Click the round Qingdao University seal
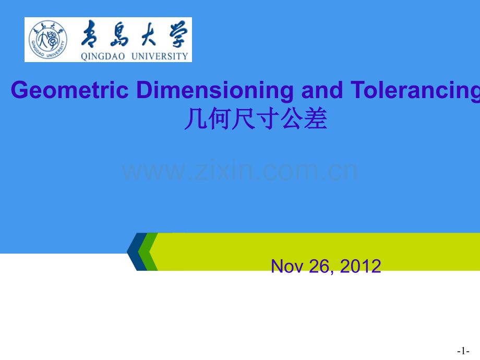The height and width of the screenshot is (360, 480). coord(48,40)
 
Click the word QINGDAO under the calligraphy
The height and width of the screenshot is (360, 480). coord(103,56)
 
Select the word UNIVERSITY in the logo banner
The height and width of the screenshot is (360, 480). coord(160,56)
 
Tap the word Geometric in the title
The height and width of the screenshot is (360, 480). coord(70,90)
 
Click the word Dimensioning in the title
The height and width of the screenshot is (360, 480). coord(215,90)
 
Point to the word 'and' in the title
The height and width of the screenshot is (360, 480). coord(322,90)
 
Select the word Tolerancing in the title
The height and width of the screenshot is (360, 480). coord(415,90)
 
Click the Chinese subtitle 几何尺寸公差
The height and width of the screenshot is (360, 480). coord(256,118)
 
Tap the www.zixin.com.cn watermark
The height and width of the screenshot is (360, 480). coord(239,170)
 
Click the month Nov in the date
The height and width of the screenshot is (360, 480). coord(287,266)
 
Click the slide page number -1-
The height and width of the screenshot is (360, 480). coord(463,351)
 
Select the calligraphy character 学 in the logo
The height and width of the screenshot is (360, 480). coord(178,34)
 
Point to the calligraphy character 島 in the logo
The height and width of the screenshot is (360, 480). coord(119,34)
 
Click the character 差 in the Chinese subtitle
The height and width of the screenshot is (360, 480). coord(316,119)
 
